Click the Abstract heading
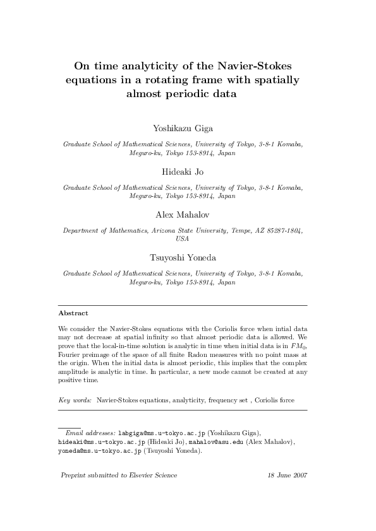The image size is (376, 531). (73, 313)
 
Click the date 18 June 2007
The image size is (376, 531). (288, 475)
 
